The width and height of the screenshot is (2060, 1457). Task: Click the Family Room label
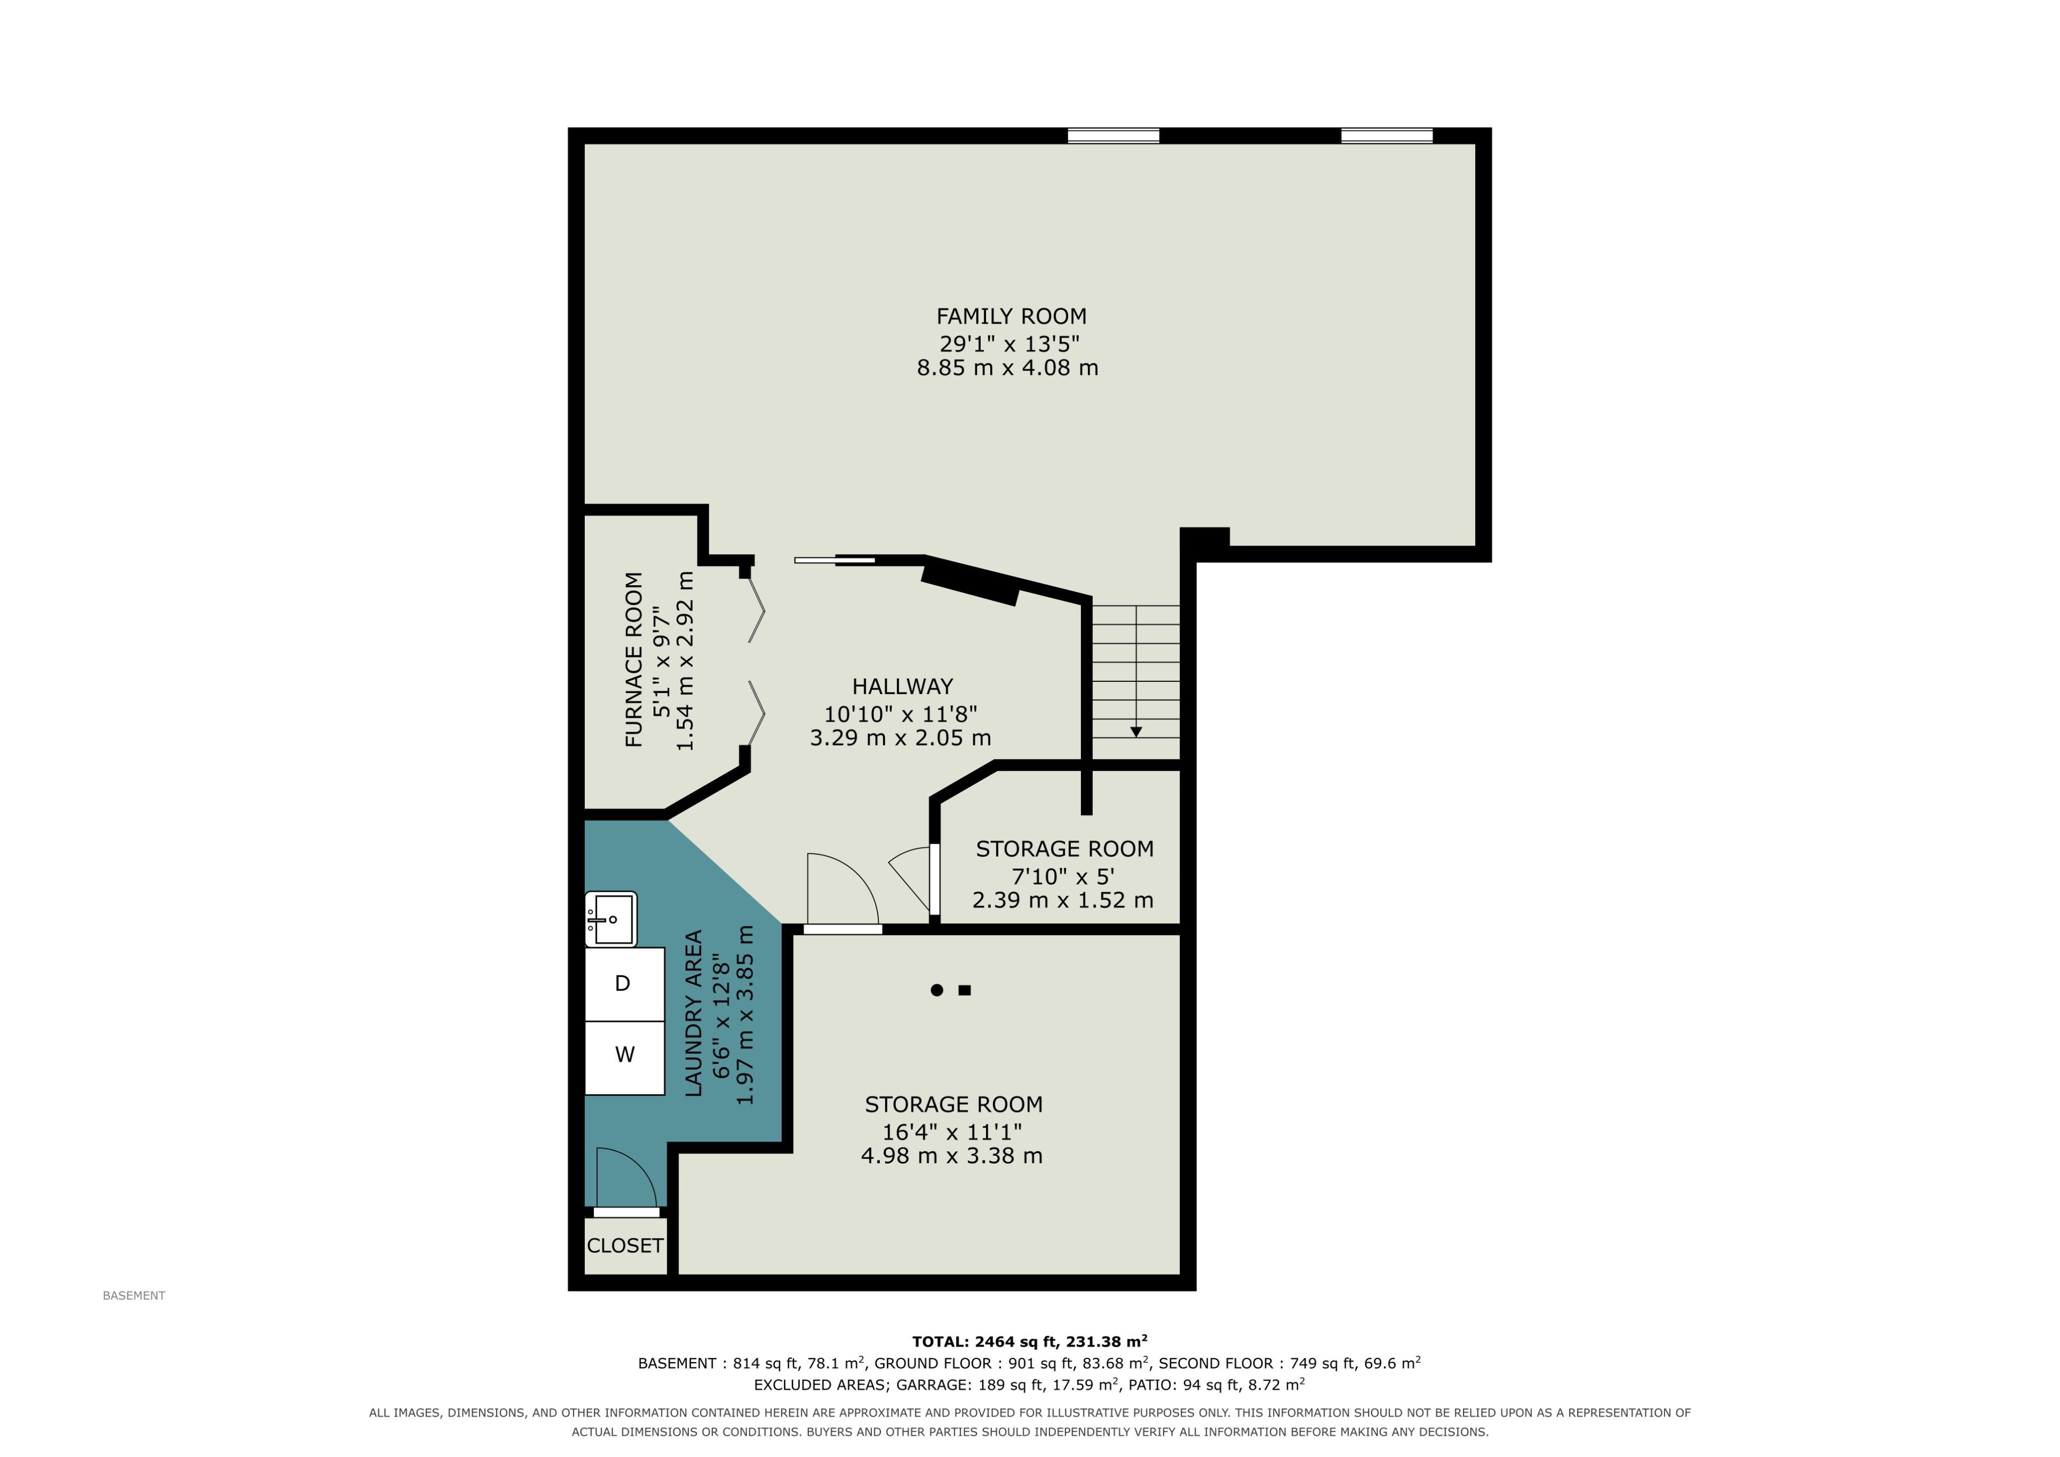1011,317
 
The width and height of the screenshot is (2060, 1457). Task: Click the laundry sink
611,919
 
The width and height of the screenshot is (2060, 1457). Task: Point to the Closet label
626,1245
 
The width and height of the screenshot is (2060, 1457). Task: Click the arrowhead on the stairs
1136,732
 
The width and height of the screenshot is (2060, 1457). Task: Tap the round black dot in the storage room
937,990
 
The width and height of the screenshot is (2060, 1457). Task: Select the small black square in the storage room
965,990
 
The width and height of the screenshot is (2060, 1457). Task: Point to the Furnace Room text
634,659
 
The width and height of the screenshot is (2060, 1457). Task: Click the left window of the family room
1114,136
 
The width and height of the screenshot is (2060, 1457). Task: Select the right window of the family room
1387,136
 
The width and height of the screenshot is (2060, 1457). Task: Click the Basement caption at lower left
134,1296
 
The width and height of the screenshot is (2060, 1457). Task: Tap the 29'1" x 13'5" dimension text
1010,344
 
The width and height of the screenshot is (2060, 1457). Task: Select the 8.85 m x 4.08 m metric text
1007,368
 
